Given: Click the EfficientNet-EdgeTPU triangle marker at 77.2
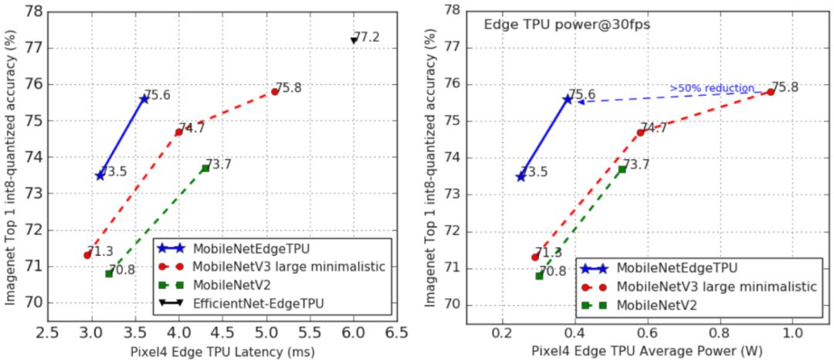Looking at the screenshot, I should click(x=354, y=39).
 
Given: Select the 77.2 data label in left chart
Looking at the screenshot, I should click(x=367, y=36).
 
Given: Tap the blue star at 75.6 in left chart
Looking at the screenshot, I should click(x=144, y=98).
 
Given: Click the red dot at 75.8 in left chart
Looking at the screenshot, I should click(x=274, y=91).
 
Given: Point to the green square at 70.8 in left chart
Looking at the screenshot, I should click(x=109, y=273).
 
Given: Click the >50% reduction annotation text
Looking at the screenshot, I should click(x=711, y=89).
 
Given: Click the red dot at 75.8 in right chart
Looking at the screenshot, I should click(x=771, y=92).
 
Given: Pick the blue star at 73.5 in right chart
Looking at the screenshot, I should click(x=520, y=176).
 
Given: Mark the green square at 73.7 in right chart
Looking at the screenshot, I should click(x=622, y=169).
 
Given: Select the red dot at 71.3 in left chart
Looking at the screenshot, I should click(x=87, y=255).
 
